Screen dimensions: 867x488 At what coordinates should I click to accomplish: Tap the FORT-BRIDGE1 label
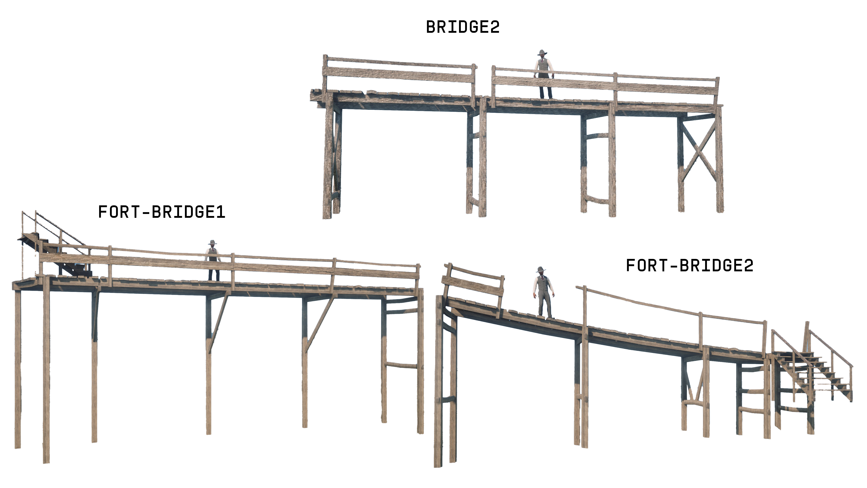(x=162, y=212)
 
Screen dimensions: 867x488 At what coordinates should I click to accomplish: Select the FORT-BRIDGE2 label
(x=689, y=265)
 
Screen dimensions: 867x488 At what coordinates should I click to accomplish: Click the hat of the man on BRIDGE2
(x=542, y=53)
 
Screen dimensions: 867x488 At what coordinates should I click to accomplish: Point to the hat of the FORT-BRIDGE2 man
(x=541, y=270)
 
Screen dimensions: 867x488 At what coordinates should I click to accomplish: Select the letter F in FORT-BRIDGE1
(x=102, y=212)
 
